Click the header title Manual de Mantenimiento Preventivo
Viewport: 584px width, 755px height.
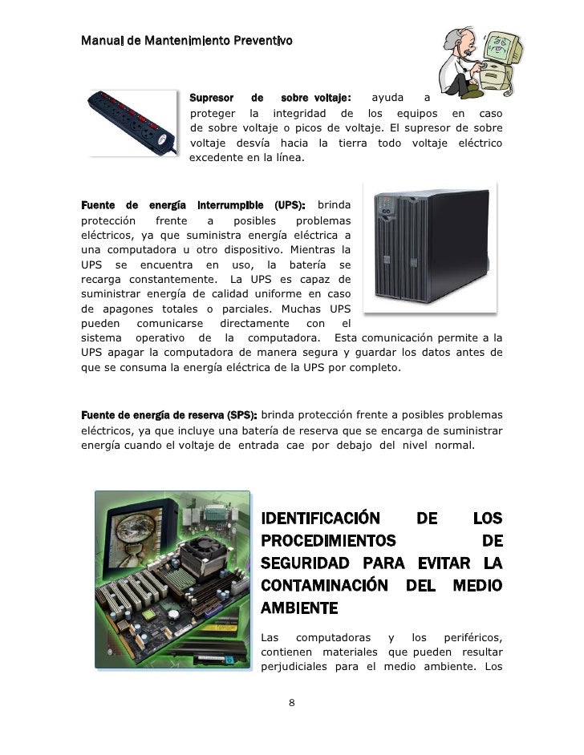pyautogui.click(x=186, y=39)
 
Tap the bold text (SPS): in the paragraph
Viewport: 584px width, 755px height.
pyautogui.click(x=241, y=414)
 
